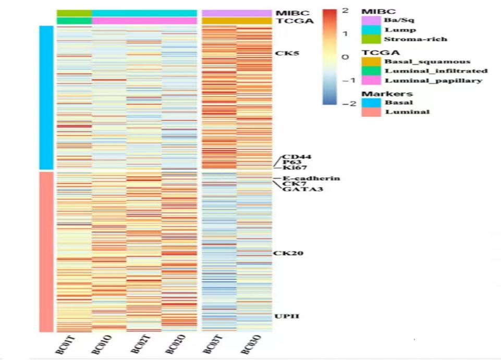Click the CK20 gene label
pyautogui.click(x=288, y=253)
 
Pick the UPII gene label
pyautogui.click(x=286, y=316)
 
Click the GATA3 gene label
pyautogui.click(x=296, y=189)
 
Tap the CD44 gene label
pyautogui.click(x=294, y=157)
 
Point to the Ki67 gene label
pyautogui.click(x=294, y=168)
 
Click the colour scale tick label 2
pyautogui.click(x=345, y=10)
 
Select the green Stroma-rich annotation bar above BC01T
pyautogui.click(x=74, y=13)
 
